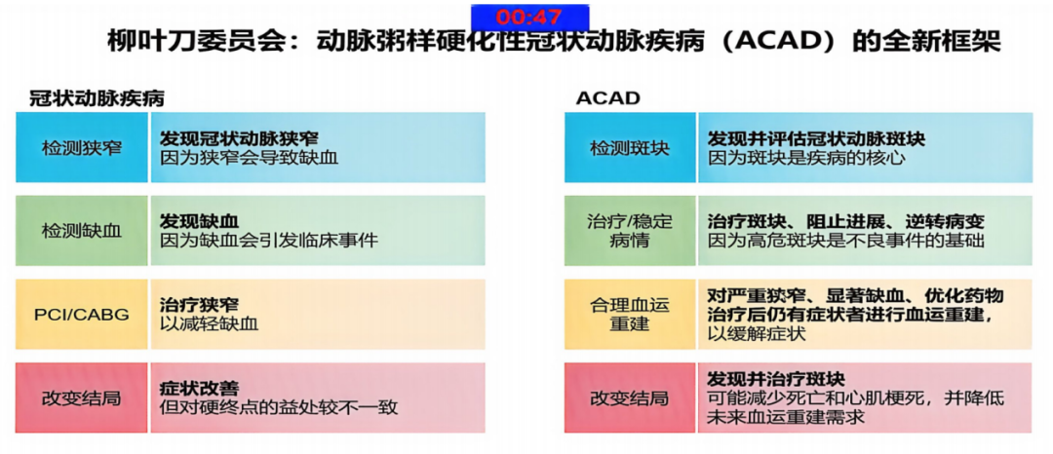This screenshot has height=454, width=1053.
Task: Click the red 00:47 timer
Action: [x=528, y=17]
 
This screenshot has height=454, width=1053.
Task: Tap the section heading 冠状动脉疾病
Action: [x=97, y=98]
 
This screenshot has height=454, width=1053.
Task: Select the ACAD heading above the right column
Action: [x=607, y=98]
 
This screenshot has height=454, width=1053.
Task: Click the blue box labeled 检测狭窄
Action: [x=82, y=147]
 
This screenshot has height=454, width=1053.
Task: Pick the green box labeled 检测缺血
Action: [x=82, y=231]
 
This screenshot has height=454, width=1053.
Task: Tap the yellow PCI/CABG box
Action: [x=82, y=314]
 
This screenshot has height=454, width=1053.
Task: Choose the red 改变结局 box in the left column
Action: [x=82, y=397]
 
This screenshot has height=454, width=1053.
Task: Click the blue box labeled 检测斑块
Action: [x=630, y=147]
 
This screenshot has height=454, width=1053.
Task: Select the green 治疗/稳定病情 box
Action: [x=630, y=231]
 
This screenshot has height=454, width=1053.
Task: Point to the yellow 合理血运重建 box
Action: [x=630, y=314]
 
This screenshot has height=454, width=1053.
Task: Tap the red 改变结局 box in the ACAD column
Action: [x=630, y=397]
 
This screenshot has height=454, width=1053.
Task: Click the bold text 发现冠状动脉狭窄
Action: [x=239, y=138]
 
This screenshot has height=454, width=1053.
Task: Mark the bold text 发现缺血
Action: [x=200, y=220]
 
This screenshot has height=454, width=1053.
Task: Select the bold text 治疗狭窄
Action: [x=200, y=304]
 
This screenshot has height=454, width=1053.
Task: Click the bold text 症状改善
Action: [x=200, y=388]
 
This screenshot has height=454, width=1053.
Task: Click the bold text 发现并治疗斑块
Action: [x=777, y=379]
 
